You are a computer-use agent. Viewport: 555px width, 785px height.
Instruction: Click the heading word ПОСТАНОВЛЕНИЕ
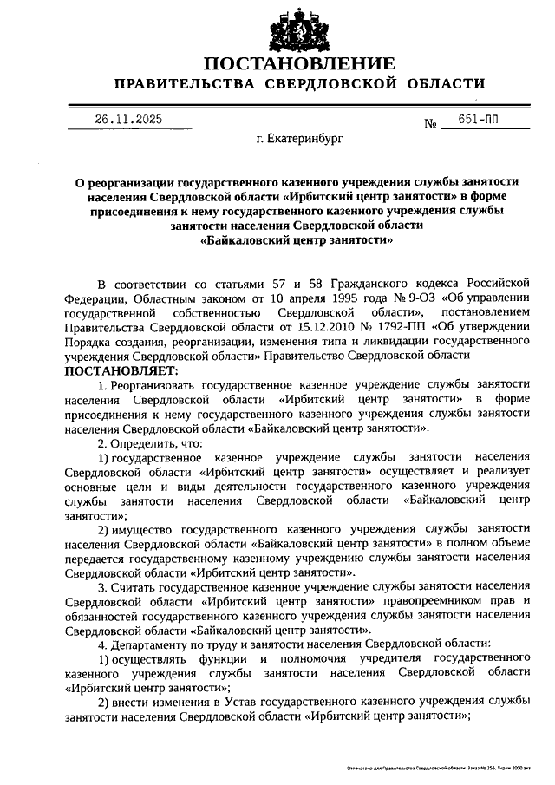pos(299,63)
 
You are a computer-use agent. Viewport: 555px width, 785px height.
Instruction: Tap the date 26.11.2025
pos(128,120)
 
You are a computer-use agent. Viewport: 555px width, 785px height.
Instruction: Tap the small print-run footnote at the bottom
pos(437,769)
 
